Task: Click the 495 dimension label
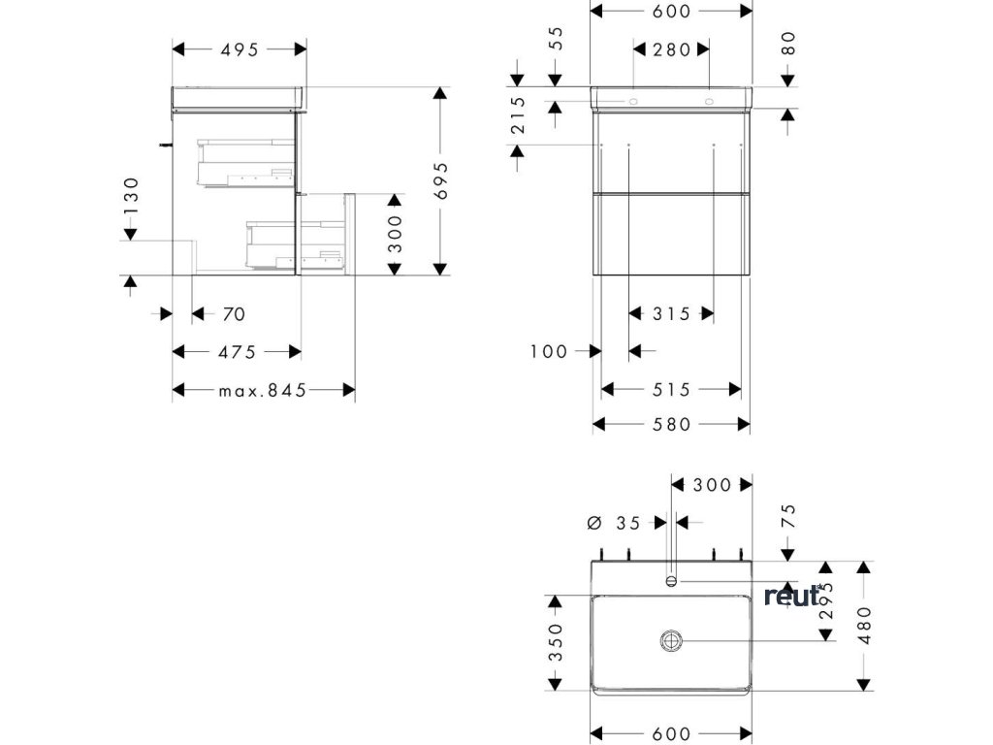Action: (x=239, y=49)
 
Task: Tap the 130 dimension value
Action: (x=131, y=196)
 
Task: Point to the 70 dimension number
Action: (x=233, y=314)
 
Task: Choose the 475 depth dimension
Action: (x=237, y=352)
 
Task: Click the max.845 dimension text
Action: (x=262, y=390)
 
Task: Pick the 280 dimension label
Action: (x=671, y=49)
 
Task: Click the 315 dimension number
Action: (x=671, y=314)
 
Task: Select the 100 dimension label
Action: (x=548, y=351)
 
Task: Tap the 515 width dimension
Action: (x=671, y=390)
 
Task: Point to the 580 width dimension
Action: (x=671, y=425)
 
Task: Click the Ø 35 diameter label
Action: (x=615, y=523)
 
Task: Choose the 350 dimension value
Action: (x=555, y=642)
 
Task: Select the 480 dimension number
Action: (x=864, y=625)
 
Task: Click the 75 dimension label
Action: (x=787, y=514)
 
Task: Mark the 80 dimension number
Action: (x=787, y=43)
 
